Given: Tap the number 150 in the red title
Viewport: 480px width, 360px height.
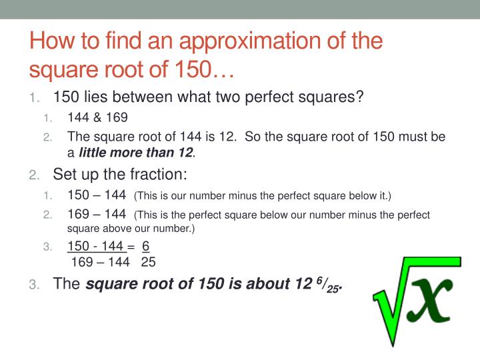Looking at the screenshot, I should tap(190, 68).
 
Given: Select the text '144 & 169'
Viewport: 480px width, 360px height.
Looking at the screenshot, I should tap(97, 117).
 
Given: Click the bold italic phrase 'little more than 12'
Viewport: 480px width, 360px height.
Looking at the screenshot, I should tap(136, 153).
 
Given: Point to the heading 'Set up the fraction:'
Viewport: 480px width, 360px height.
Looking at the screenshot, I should tap(120, 175).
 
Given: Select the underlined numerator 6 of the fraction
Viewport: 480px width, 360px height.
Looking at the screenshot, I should tap(146, 247).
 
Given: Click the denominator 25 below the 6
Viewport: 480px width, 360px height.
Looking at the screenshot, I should tap(148, 262).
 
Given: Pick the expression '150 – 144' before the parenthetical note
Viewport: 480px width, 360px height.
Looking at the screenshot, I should tap(97, 195).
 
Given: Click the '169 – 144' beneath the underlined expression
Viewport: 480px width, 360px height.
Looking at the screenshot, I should tap(99, 262).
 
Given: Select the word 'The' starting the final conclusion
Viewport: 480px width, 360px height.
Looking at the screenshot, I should tap(66, 285).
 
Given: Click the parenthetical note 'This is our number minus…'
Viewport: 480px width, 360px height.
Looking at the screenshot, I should tap(263, 196).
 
